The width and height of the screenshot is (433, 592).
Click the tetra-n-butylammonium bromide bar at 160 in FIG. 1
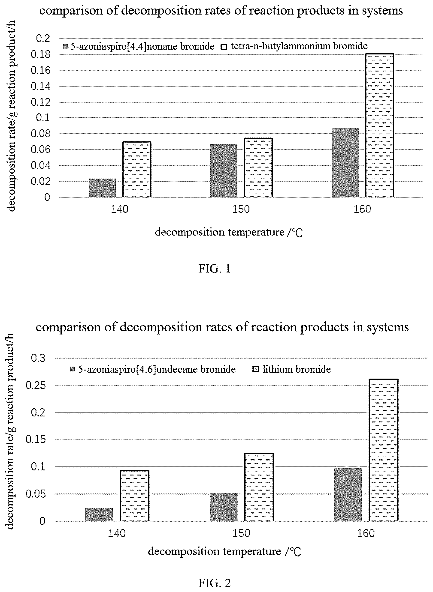[379, 126]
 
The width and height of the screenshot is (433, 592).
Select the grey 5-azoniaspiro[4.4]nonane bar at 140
[103, 188]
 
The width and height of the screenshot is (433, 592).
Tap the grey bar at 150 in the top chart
[224, 171]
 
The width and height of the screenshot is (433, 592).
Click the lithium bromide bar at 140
[134, 496]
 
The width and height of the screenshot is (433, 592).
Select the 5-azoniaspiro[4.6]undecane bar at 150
[224, 507]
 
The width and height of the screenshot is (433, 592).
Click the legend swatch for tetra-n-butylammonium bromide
[224, 47]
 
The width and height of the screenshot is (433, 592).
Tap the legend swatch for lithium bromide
[256, 369]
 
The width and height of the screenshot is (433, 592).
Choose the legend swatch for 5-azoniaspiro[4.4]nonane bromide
[66, 47]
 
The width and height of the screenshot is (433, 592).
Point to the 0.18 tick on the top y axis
[41, 55]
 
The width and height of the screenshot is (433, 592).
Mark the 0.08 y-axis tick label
[41, 134]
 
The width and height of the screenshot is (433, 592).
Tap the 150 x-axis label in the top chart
[241, 209]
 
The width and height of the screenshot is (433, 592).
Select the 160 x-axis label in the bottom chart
[366, 533]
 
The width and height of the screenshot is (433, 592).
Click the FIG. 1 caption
[214, 269]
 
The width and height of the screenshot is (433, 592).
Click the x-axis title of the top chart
[229, 233]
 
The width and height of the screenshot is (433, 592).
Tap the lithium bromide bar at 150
[259, 487]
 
